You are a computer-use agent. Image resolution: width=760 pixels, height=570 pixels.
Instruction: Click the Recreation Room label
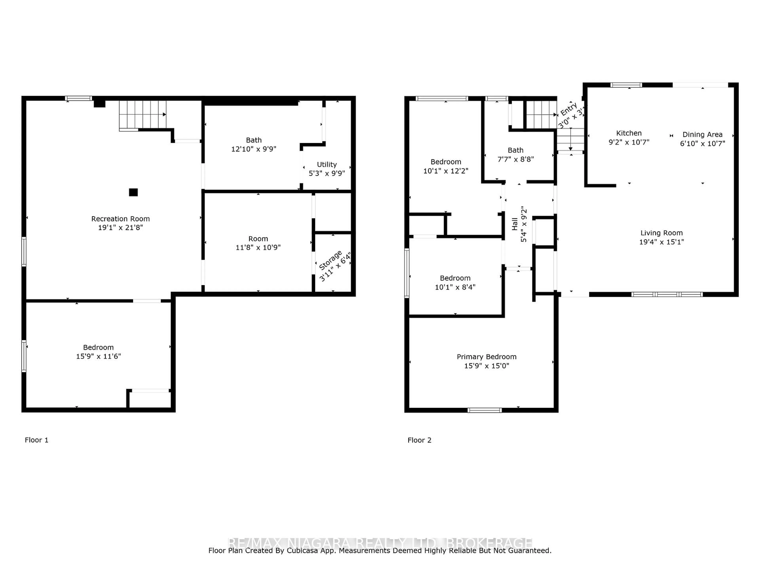click(x=120, y=218)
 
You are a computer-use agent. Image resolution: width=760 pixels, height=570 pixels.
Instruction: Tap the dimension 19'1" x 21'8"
click(x=120, y=227)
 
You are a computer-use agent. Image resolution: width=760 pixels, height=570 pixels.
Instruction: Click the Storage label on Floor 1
click(x=330, y=260)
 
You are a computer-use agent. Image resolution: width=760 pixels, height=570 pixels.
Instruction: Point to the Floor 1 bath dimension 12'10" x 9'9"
click(x=254, y=149)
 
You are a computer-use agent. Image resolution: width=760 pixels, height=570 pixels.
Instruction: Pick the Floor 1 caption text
click(x=36, y=440)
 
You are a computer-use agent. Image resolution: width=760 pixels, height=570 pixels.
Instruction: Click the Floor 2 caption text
click(x=419, y=440)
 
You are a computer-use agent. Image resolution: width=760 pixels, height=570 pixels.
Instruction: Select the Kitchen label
click(x=629, y=133)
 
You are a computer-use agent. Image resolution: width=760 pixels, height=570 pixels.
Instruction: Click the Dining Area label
click(x=702, y=134)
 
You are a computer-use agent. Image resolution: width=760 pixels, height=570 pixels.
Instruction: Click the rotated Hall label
click(x=514, y=224)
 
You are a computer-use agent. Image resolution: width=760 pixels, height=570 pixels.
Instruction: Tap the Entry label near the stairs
click(x=569, y=109)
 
